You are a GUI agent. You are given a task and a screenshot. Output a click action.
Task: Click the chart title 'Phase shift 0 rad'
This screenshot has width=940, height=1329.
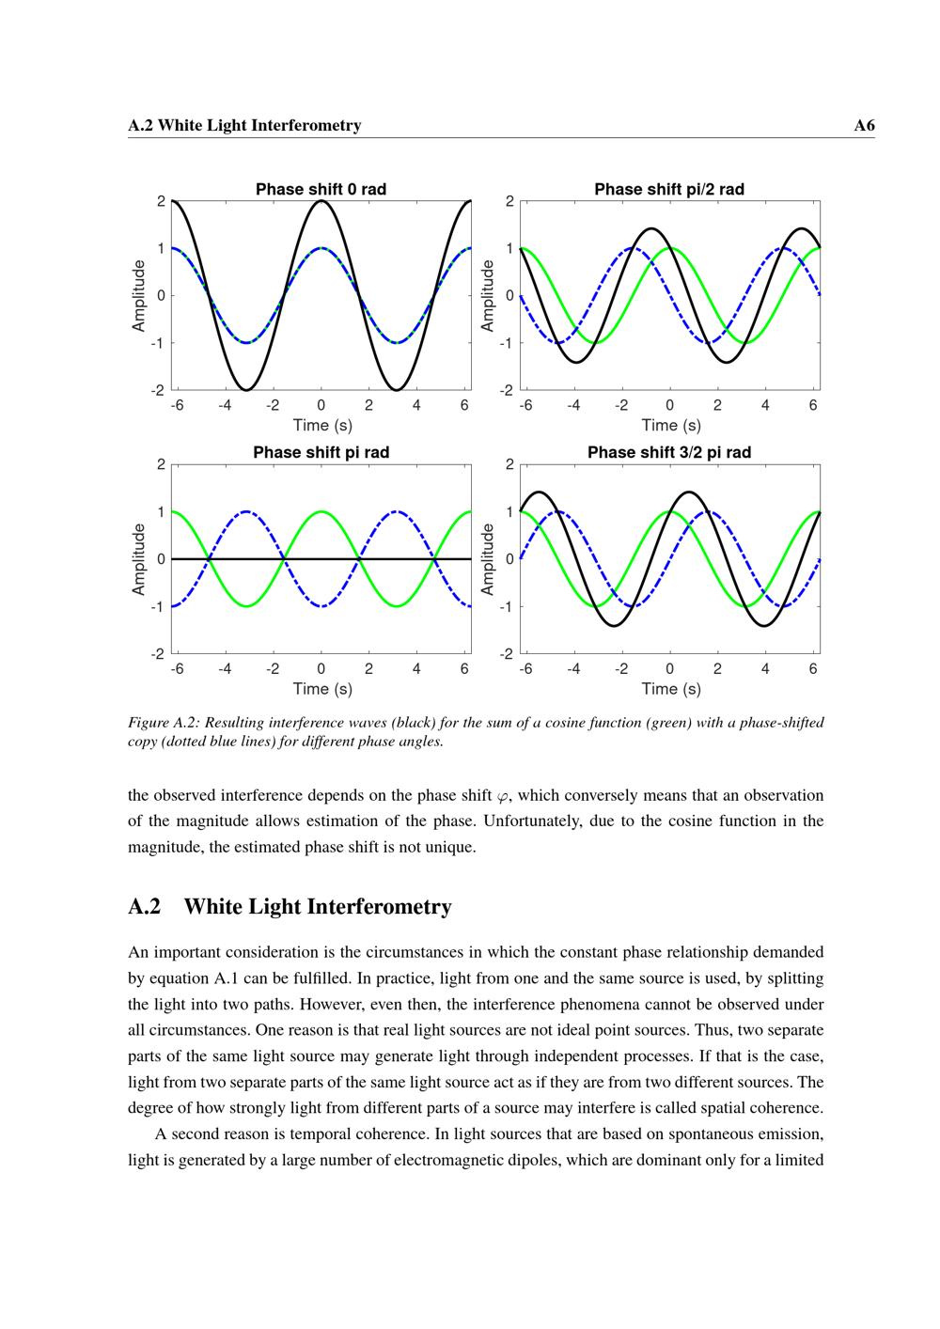tap(321, 189)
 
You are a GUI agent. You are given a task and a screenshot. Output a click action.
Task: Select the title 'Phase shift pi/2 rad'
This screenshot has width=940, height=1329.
tap(668, 189)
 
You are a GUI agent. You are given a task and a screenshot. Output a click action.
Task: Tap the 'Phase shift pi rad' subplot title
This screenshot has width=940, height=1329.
tap(321, 452)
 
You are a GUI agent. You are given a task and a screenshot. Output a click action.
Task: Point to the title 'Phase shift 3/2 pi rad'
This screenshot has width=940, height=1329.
tap(668, 452)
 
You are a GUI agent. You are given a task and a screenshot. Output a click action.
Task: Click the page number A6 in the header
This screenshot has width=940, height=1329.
tap(864, 125)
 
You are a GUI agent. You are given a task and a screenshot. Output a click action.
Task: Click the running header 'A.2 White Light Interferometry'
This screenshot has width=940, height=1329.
tap(244, 125)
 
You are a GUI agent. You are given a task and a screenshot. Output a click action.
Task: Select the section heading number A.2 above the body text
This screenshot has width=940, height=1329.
tap(144, 906)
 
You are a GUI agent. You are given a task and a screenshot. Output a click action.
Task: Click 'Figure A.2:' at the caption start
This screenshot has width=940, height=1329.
tap(163, 723)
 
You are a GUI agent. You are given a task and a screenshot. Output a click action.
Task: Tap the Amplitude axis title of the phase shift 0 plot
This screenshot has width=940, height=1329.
tap(139, 295)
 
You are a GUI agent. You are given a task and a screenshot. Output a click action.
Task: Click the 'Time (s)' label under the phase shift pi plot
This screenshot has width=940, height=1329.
tap(322, 688)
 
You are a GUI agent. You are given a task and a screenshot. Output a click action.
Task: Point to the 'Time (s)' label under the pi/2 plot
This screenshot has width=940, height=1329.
tap(671, 425)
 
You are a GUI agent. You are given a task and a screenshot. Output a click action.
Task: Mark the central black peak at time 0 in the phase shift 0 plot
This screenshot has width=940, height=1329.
tap(321, 201)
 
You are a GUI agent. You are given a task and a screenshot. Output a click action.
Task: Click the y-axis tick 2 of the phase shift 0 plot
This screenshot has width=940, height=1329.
tap(161, 201)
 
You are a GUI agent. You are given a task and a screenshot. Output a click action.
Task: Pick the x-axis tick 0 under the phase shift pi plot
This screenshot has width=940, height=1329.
tap(321, 669)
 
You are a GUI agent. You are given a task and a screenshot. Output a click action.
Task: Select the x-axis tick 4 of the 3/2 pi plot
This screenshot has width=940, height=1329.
tap(765, 669)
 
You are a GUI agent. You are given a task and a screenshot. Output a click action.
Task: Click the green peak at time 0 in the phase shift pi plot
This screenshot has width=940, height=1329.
tap(321, 512)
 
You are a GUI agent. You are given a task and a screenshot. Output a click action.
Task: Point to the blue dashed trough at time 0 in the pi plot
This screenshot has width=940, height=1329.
tap(321, 606)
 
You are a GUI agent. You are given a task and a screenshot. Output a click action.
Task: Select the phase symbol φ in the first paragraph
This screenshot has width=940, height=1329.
tap(503, 796)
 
